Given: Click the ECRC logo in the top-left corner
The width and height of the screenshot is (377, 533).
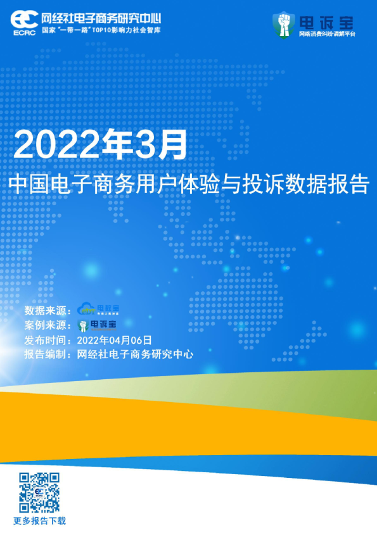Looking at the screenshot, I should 24,20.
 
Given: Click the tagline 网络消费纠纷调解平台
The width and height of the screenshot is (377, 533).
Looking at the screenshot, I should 327,34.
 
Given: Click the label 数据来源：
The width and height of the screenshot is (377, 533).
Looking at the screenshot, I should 49,310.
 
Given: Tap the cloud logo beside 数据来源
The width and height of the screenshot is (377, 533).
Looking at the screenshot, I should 98,309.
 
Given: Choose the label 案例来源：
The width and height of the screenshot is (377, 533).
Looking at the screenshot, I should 49,325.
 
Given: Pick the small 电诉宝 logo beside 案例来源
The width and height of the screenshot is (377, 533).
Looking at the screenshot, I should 98,325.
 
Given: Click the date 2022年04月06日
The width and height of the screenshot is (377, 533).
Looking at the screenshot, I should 115,340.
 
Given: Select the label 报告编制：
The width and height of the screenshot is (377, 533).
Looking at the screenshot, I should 49,354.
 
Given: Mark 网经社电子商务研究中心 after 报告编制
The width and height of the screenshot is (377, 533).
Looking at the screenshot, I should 135,354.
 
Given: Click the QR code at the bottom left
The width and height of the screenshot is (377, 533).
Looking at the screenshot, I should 39,492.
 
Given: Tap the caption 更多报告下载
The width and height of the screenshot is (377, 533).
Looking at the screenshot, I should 39,521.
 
